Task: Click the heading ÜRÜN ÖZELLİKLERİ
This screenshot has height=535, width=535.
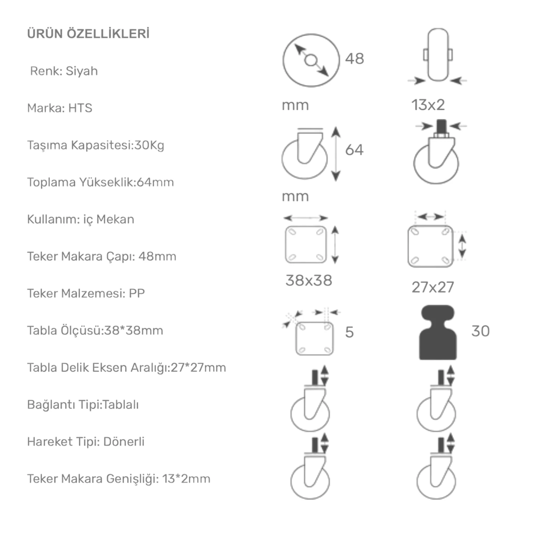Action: click(88, 34)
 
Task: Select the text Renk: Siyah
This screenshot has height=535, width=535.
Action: click(64, 71)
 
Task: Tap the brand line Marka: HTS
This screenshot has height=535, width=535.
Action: click(60, 108)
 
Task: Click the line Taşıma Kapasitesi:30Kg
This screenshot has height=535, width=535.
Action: click(96, 145)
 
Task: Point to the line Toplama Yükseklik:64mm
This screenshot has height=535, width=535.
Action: click(100, 182)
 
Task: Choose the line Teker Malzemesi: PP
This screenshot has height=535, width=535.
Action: click(86, 293)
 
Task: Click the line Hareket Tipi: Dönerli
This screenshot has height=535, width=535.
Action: click(86, 442)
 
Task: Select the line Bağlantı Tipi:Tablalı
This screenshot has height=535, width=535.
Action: click(83, 405)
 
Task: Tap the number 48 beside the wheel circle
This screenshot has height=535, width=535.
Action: click(355, 59)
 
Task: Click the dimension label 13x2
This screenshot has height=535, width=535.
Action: click(428, 105)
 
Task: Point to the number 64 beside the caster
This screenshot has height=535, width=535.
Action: click(354, 150)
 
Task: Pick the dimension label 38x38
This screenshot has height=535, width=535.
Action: click(309, 281)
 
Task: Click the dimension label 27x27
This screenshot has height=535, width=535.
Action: click(433, 287)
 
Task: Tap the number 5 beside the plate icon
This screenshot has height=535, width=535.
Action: click(349, 332)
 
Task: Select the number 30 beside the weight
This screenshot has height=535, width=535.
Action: click(481, 331)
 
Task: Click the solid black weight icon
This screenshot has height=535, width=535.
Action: click(438, 333)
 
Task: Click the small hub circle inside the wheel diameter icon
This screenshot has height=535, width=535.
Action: click(311, 61)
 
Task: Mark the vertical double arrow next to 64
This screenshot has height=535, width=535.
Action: click(336, 154)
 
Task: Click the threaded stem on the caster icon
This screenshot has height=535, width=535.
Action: click(441, 126)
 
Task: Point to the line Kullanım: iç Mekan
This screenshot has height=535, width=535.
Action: click(81, 219)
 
